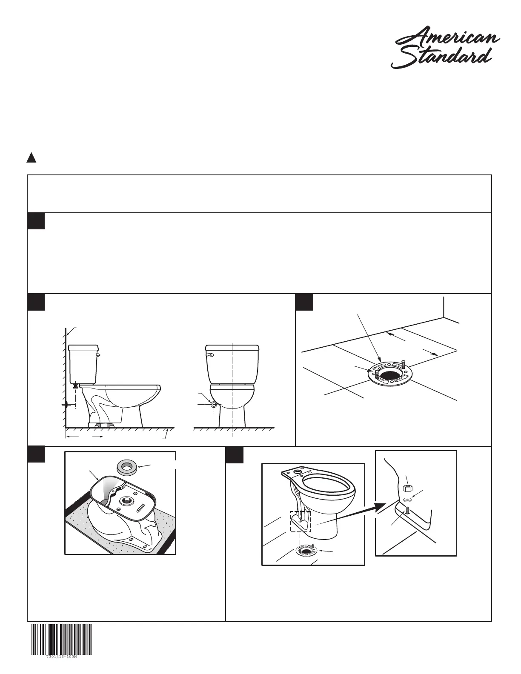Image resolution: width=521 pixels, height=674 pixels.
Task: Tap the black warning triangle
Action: pyautogui.click(x=31, y=158)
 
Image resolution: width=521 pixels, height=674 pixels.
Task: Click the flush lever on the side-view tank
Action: pyautogui.click(x=97, y=355)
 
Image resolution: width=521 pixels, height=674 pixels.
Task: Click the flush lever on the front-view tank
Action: pyautogui.click(x=209, y=354)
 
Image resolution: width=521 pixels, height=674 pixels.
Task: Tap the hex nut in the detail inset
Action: pyautogui.click(x=406, y=488)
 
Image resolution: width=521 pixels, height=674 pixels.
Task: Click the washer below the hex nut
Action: pyautogui.click(x=407, y=499)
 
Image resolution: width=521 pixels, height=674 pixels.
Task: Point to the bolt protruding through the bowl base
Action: pyautogui.click(x=407, y=508)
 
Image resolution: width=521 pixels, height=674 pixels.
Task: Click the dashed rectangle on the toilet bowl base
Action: pyautogui.click(x=301, y=521)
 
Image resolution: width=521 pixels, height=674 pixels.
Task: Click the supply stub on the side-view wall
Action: pyautogui.click(x=66, y=405)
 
